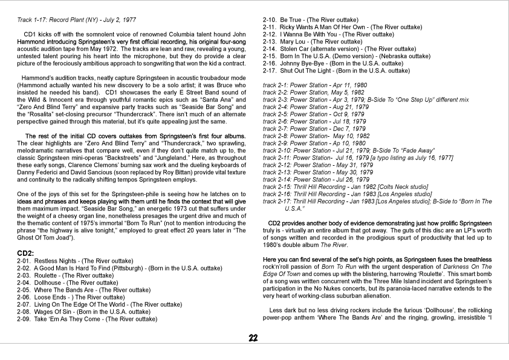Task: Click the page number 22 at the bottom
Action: pos(253,338)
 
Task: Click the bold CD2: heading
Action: pos(25,252)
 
